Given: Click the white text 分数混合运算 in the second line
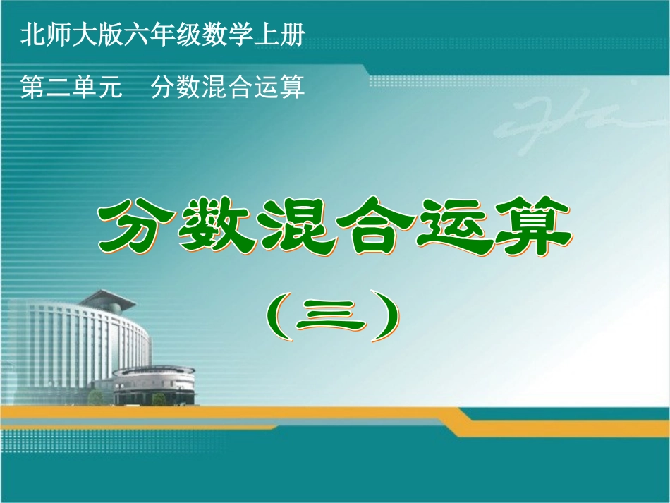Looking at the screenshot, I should tap(228, 87).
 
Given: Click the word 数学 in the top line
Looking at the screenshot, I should tap(229, 36).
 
